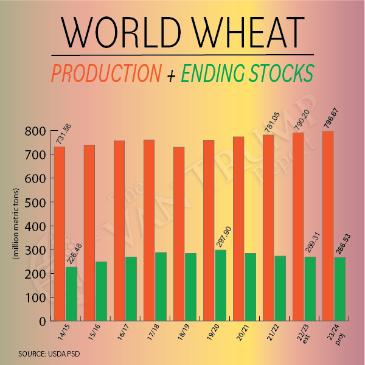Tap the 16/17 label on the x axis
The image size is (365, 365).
[x=120, y=333]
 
